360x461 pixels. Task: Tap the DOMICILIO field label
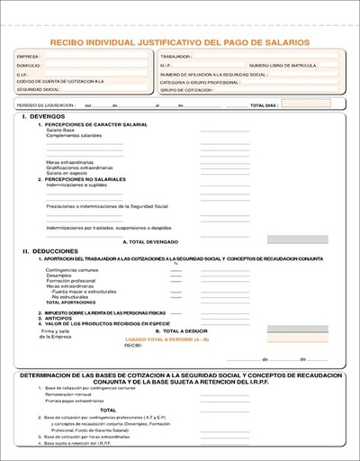click(x=29, y=66)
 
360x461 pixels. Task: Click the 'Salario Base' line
click(x=61, y=131)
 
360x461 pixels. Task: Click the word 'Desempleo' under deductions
click(x=60, y=276)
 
